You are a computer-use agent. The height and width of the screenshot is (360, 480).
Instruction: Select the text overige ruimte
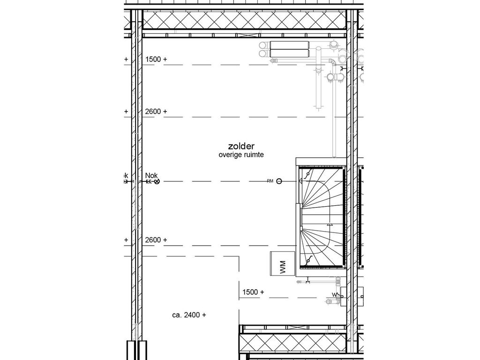241,155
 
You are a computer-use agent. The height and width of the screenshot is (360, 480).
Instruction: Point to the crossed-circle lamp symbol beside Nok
157,181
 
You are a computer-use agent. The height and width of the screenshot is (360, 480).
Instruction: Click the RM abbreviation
270,181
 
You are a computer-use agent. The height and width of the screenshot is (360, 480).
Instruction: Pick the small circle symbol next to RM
279,181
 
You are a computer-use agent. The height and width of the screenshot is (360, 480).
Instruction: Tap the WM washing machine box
282,264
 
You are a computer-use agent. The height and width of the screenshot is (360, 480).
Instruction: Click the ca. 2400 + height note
189,315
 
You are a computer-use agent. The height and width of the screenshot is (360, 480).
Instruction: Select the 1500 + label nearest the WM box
253,292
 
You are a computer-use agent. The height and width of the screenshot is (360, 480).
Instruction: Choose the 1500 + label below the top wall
156,60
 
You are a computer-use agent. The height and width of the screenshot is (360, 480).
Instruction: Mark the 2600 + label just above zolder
156,112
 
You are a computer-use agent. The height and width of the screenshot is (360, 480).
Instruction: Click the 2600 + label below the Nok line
156,240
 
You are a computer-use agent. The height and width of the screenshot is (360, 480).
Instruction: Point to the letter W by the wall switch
334,294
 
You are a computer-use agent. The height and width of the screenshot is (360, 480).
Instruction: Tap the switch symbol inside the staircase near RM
307,174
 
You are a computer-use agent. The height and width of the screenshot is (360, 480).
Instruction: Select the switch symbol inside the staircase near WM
308,261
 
